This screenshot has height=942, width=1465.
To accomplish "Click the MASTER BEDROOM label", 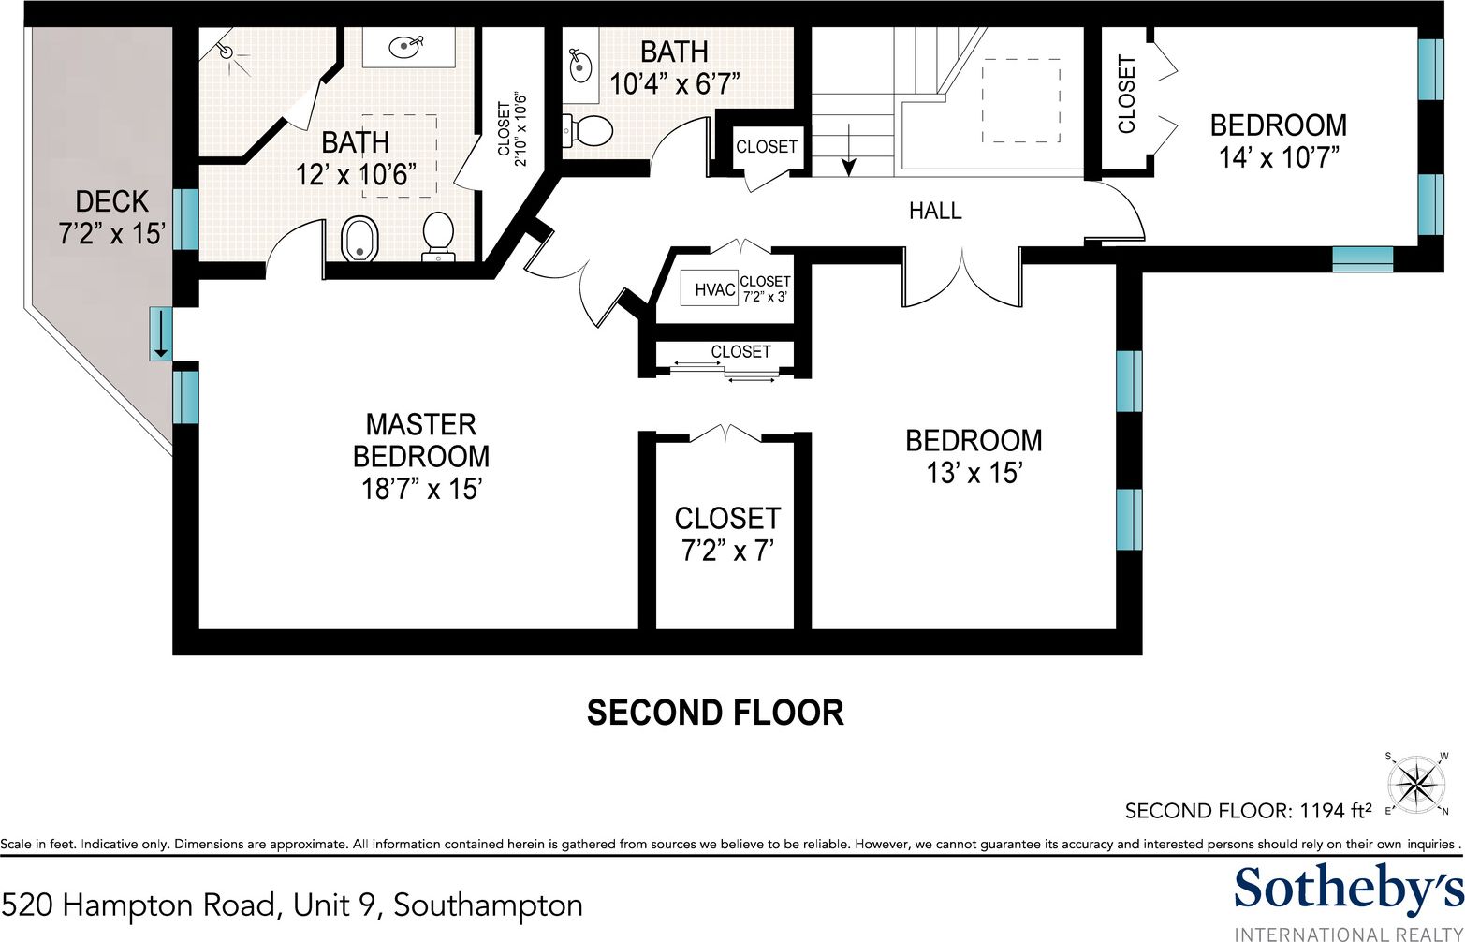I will [x=420, y=440].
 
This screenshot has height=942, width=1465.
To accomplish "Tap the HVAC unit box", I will [x=714, y=290].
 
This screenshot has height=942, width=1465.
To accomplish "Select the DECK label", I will [x=112, y=201].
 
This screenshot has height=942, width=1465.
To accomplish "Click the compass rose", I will [x=1419, y=782].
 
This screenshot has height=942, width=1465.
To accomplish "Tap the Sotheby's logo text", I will [x=1348, y=889].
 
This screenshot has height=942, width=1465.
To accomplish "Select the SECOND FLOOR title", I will [x=715, y=713].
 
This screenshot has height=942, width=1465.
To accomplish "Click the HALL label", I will [x=935, y=211].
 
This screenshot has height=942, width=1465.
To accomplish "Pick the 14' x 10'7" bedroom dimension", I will [x=1279, y=156].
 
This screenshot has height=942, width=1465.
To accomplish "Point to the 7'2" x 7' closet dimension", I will [x=727, y=551].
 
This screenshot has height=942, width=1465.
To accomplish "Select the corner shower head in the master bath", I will [x=228, y=52].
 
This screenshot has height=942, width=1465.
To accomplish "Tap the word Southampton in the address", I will [x=488, y=905].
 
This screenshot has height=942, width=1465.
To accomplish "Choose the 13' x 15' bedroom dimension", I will [x=974, y=473].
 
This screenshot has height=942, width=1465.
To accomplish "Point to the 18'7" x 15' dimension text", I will [x=420, y=488].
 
